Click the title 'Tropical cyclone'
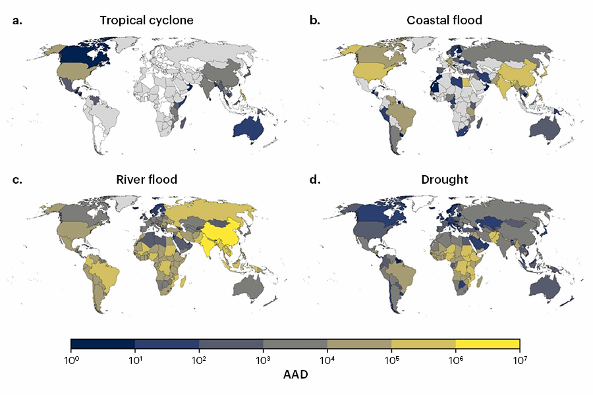point(146,20)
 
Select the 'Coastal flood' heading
point(444,20)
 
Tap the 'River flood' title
point(146,179)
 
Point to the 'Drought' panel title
point(444,179)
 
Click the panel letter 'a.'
point(18,20)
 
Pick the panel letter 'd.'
point(315,179)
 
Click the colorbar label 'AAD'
point(295,375)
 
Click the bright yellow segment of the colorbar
point(488,344)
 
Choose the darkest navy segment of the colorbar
point(103,344)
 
